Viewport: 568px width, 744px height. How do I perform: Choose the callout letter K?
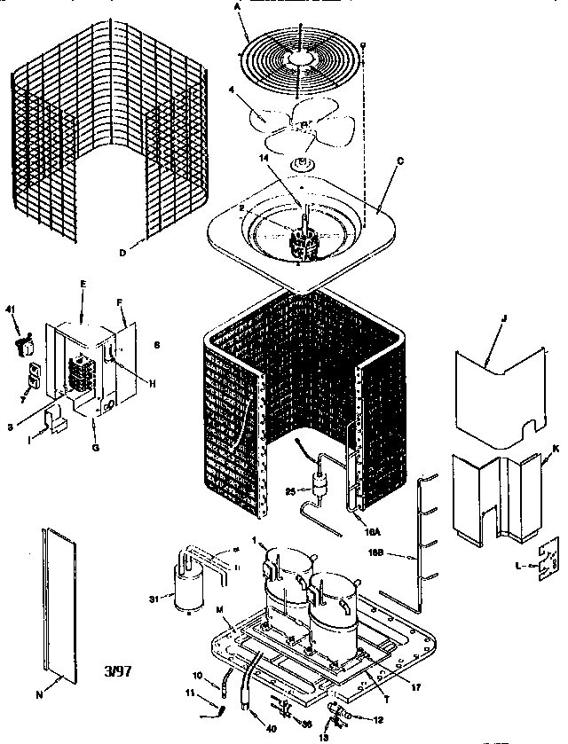pyautogui.click(x=555, y=450)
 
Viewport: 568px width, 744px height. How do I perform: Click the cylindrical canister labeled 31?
pyautogui.click(x=186, y=590)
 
